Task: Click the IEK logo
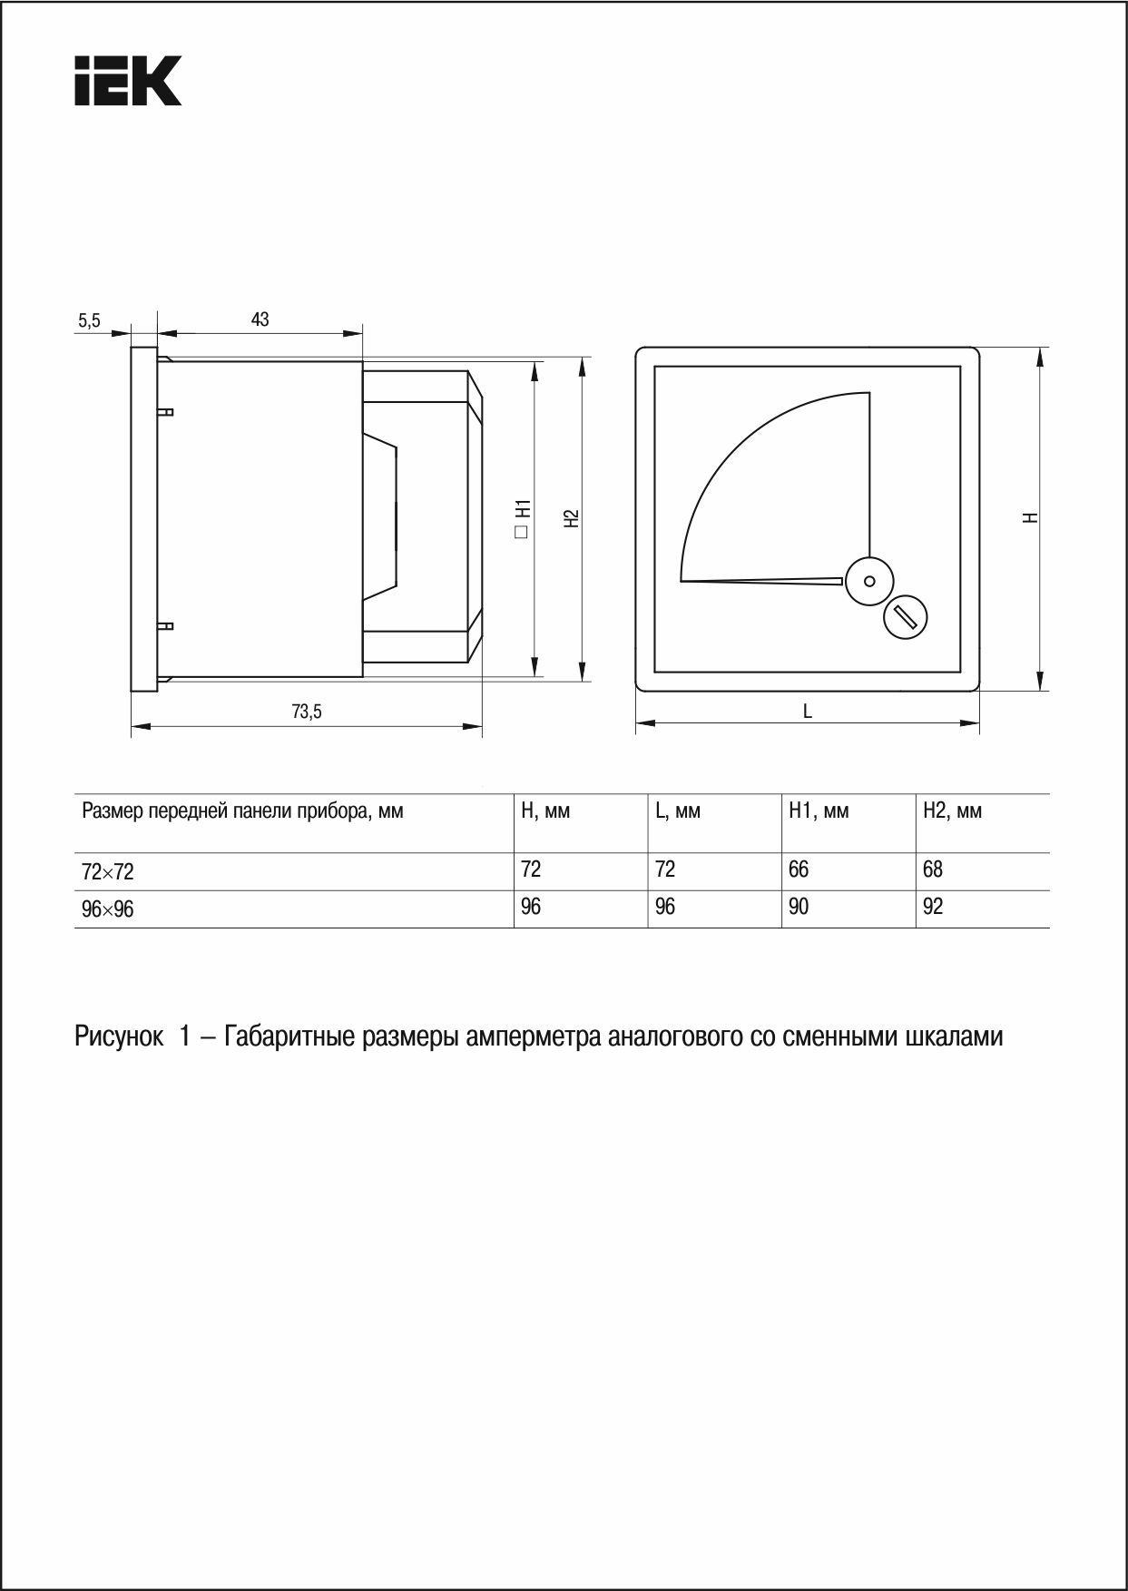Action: [128, 81]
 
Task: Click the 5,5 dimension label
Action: [89, 320]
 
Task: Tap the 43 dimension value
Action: [260, 319]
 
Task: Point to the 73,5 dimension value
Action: [307, 712]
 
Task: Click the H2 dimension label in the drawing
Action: [570, 517]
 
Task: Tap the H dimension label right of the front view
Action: [1029, 517]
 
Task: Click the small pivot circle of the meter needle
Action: [869, 581]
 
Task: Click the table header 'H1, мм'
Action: [818, 811]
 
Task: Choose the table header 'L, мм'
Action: [677, 811]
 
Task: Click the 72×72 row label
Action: [108, 872]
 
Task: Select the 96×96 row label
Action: [108, 909]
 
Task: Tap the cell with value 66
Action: [799, 869]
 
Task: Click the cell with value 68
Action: [933, 869]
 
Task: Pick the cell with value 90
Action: [799, 907]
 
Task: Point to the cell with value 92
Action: [933, 907]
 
